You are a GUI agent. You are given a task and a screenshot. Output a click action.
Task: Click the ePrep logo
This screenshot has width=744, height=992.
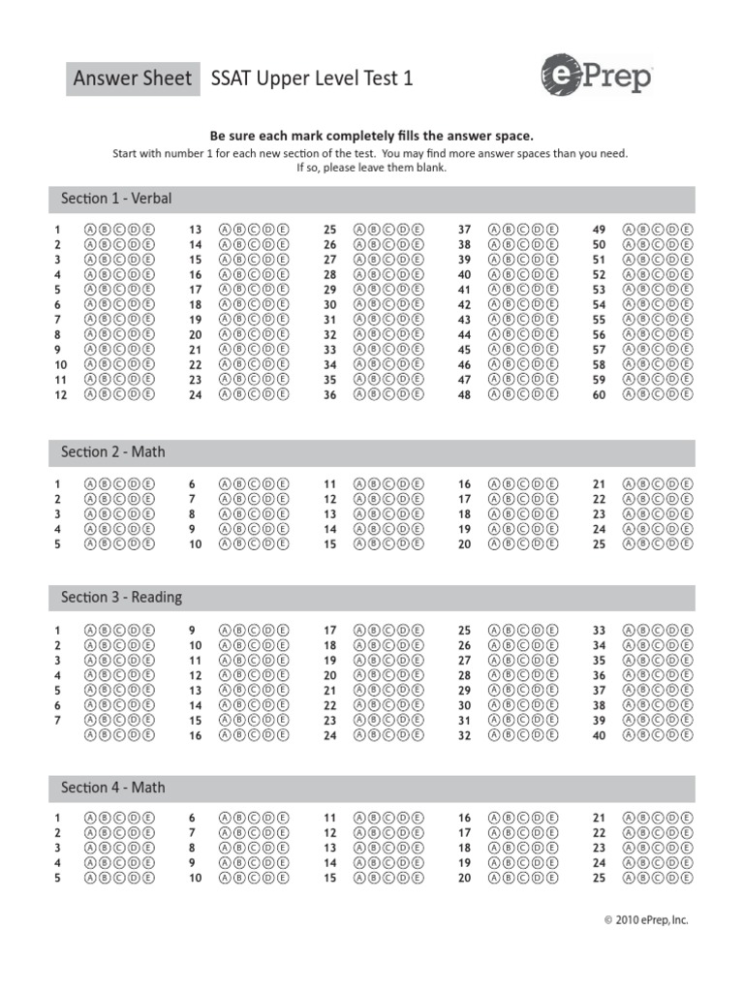[x=596, y=78]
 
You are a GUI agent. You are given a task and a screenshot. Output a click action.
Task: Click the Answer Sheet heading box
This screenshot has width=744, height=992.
[x=133, y=78]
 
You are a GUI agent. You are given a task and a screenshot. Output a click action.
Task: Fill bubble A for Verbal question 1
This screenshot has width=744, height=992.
[x=92, y=230]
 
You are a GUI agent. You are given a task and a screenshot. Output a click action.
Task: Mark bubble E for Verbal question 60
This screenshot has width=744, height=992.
[x=687, y=394]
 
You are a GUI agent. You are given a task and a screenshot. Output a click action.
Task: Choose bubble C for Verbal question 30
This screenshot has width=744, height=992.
[x=388, y=304]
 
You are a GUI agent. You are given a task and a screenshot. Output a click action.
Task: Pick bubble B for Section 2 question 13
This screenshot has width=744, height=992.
[x=375, y=514]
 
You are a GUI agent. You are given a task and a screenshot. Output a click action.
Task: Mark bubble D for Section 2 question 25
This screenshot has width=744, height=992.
[x=673, y=544]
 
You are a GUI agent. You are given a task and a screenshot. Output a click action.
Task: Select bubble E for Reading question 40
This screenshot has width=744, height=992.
[x=687, y=735]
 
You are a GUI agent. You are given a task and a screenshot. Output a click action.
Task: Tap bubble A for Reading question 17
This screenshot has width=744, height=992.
[x=361, y=631]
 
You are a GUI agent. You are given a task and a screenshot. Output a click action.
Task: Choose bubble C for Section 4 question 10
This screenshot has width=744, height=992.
[x=254, y=879]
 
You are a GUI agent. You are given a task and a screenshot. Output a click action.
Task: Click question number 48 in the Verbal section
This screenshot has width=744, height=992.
[x=464, y=395]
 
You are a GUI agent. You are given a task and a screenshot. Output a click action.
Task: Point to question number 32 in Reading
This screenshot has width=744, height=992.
[x=464, y=736]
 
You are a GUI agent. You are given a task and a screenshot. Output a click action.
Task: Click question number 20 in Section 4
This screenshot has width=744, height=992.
[x=464, y=879]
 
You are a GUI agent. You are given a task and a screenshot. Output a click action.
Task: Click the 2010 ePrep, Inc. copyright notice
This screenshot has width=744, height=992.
[x=646, y=920]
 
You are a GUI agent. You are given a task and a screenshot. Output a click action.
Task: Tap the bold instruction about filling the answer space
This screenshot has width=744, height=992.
[x=372, y=137]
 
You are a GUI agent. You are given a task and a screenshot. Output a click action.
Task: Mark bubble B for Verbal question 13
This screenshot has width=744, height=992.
[x=240, y=230]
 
